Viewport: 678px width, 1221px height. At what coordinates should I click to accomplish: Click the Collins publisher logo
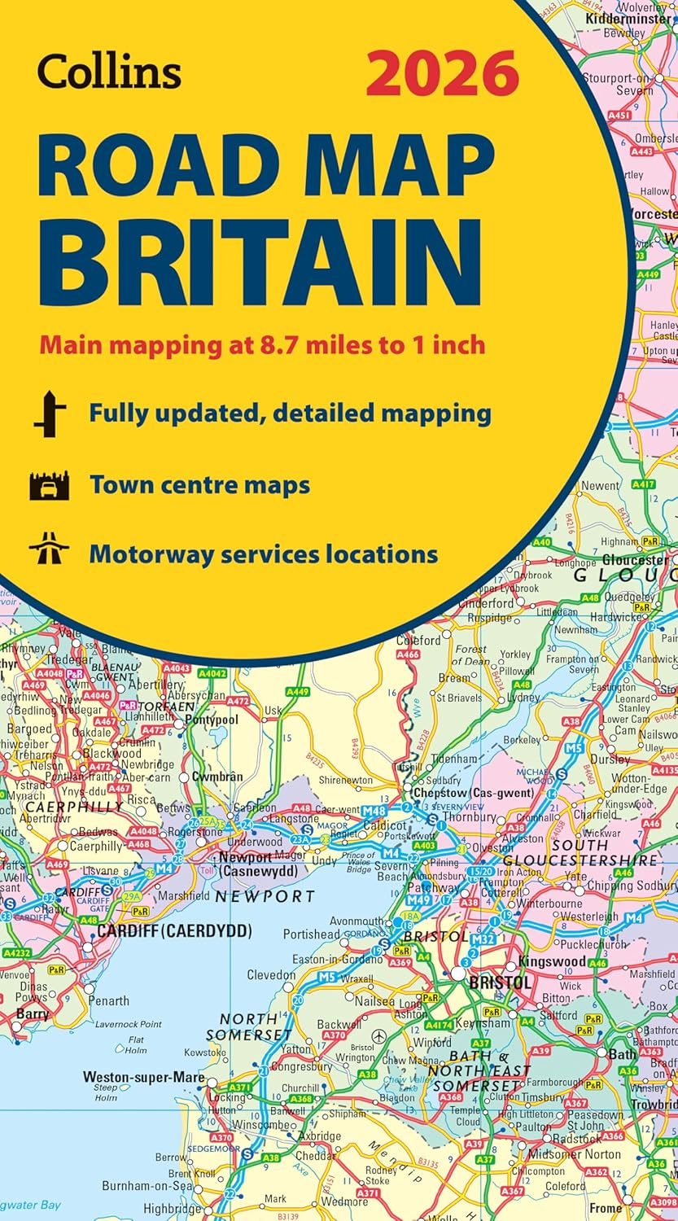click(109, 72)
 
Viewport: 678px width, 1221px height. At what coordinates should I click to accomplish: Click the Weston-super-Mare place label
click(143, 1076)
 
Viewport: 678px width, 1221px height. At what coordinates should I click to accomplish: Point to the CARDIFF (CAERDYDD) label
click(174, 931)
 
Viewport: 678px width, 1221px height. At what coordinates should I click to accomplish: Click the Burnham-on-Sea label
click(154, 1186)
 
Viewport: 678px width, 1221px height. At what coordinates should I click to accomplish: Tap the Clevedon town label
click(271, 974)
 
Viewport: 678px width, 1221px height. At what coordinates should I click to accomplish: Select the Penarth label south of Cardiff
click(109, 1000)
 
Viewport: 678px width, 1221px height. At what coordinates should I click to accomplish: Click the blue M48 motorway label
click(374, 812)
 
